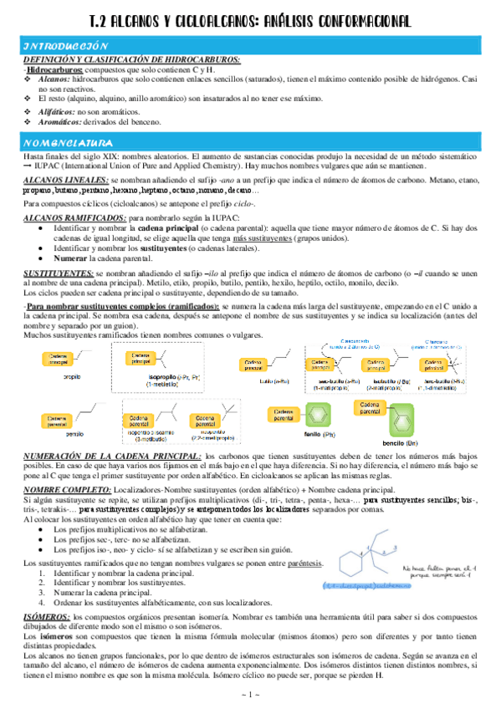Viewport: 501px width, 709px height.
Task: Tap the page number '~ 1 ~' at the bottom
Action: point(250,695)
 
